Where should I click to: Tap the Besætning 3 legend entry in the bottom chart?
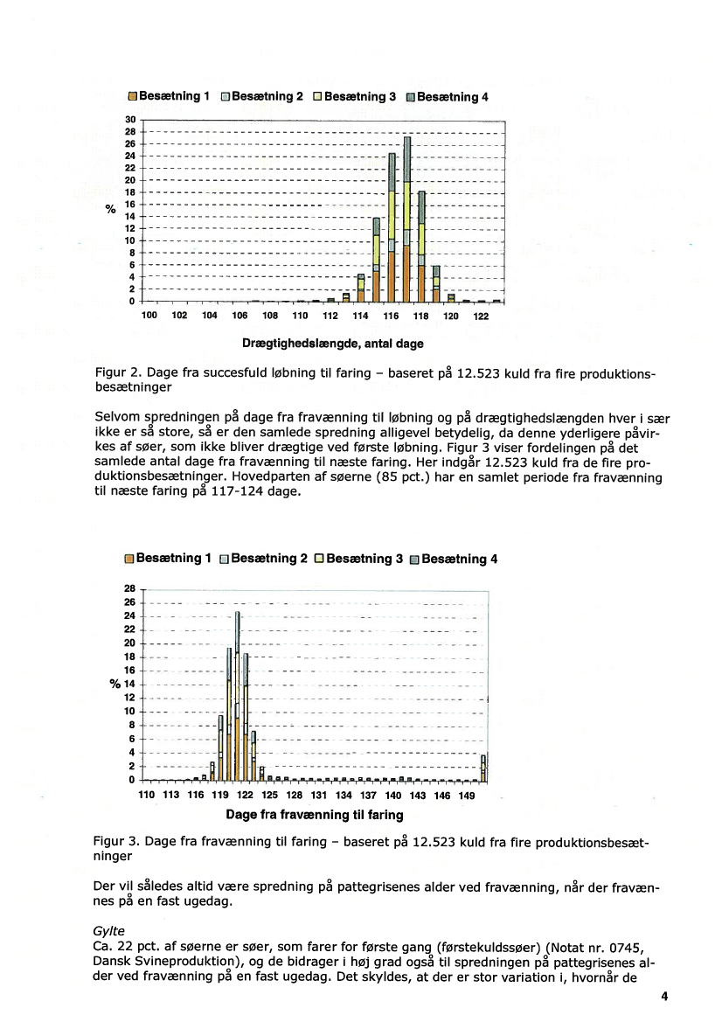358,559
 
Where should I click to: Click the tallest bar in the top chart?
407,219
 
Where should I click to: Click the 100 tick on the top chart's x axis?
149,315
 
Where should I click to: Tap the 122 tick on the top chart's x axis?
481,315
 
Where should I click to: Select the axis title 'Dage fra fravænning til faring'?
315,815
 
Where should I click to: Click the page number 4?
664,996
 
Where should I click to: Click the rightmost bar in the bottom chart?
483,768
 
